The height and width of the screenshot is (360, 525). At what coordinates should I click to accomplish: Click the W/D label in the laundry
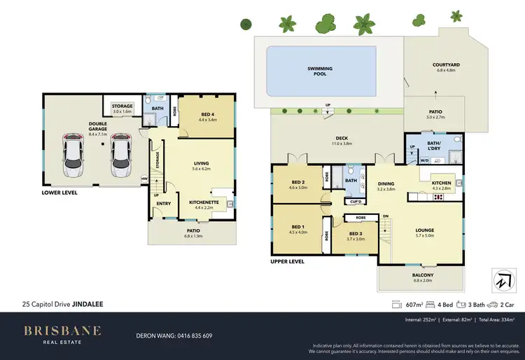pos(424,160)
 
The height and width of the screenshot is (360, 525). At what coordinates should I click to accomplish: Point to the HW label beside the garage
pos(145,179)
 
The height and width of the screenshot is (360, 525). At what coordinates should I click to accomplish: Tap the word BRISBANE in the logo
pos(63,330)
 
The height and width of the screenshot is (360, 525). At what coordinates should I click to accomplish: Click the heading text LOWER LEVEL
pos(59,192)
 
